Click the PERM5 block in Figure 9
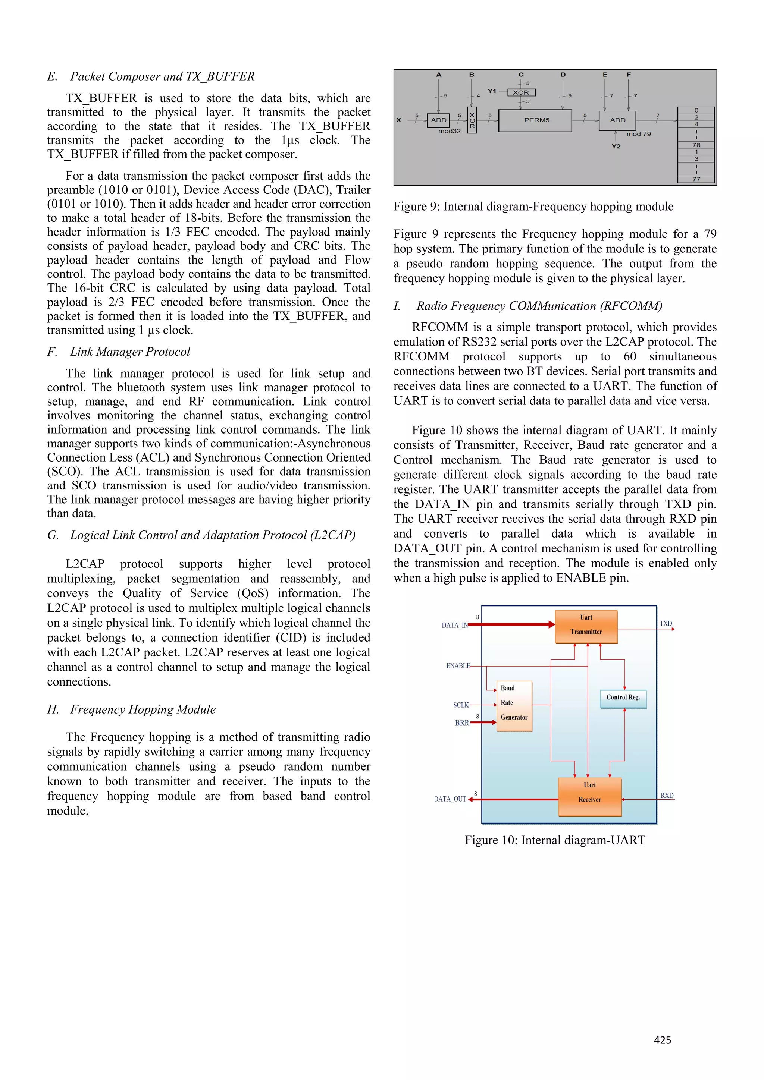pos(535,120)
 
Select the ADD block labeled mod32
pos(438,120)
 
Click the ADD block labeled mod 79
pos(617,120)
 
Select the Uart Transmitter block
pos(586,627)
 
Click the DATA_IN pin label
pos(454,625)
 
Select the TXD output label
pos(665,623)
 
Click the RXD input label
pos(667,796)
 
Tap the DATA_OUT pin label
pos(450,799)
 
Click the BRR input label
pos(461,723)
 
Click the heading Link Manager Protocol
pos(130,352)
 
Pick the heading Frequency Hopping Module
pos(143,709)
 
